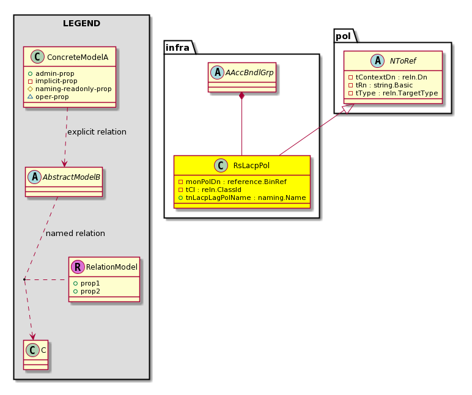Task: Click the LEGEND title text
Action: click(x=81, y=23)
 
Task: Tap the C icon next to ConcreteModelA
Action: click(x=37, y=57)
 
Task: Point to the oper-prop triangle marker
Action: click(x=30, y=97)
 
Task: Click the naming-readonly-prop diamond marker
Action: click(x=30, y=89)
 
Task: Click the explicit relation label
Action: click(x=97, y=132)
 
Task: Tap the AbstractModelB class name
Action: click(x=72, y=177)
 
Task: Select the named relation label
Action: click(x=75, y=234)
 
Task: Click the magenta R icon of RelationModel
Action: click(x=78, y=267)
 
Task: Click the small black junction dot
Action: click(x=24, y=279)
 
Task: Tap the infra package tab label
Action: click(x=177, y=48)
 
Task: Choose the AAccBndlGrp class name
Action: click(x=249, y=73)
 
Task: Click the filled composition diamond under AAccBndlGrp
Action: click(x=242, y=96)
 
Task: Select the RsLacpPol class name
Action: click(x=251, y=165)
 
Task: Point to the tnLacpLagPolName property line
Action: click(x=242, y=197)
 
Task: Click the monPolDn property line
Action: click(x=232, y=182)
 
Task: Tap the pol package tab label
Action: click(x=343, y=36)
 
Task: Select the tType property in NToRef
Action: click(x=393, y=93)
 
